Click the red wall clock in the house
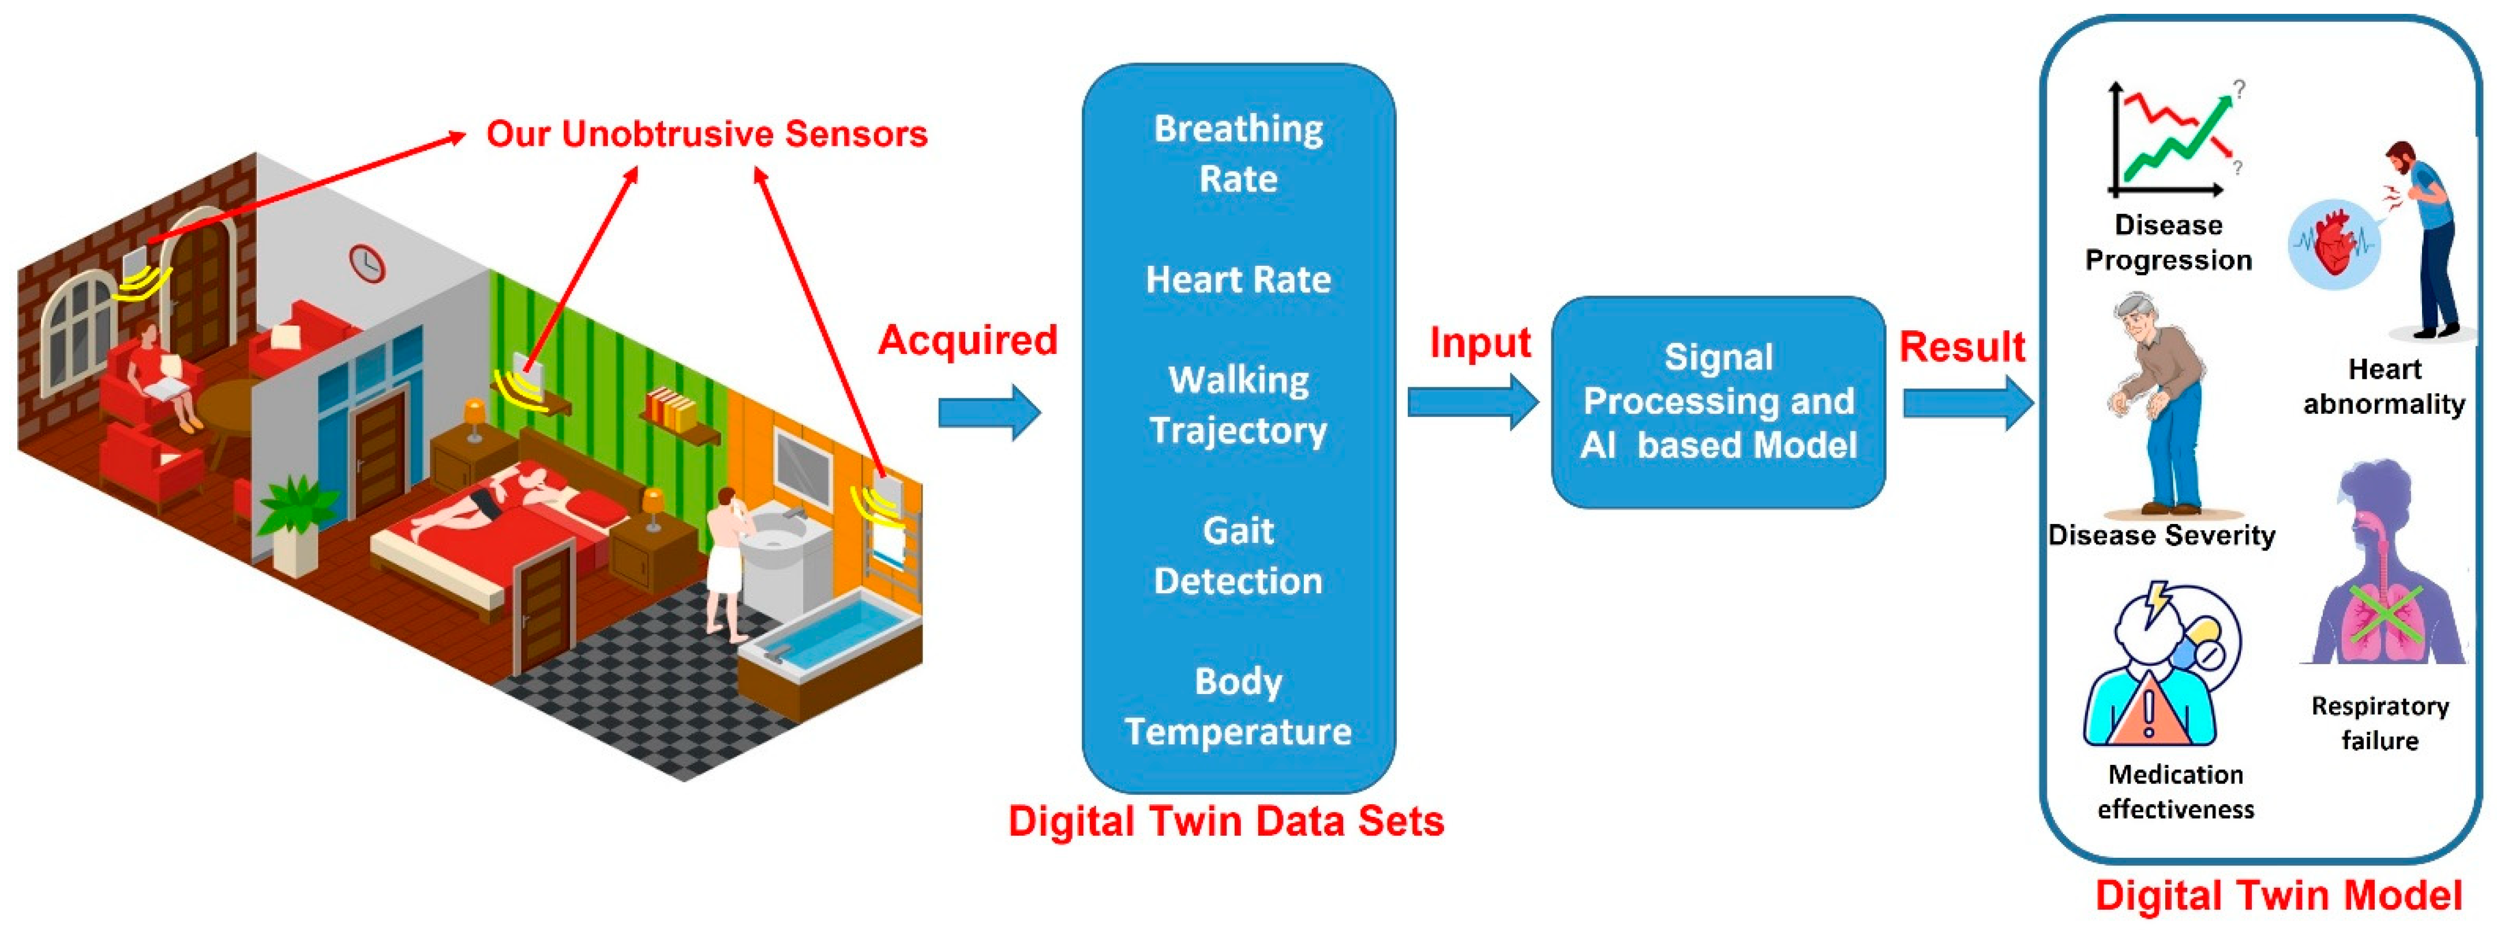(366, 263)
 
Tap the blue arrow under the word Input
(1471, 402)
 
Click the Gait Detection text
(1238, 555)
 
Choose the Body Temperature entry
(1238, 706)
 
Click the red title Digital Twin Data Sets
(1225, 821)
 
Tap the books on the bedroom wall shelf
(671, 409)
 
